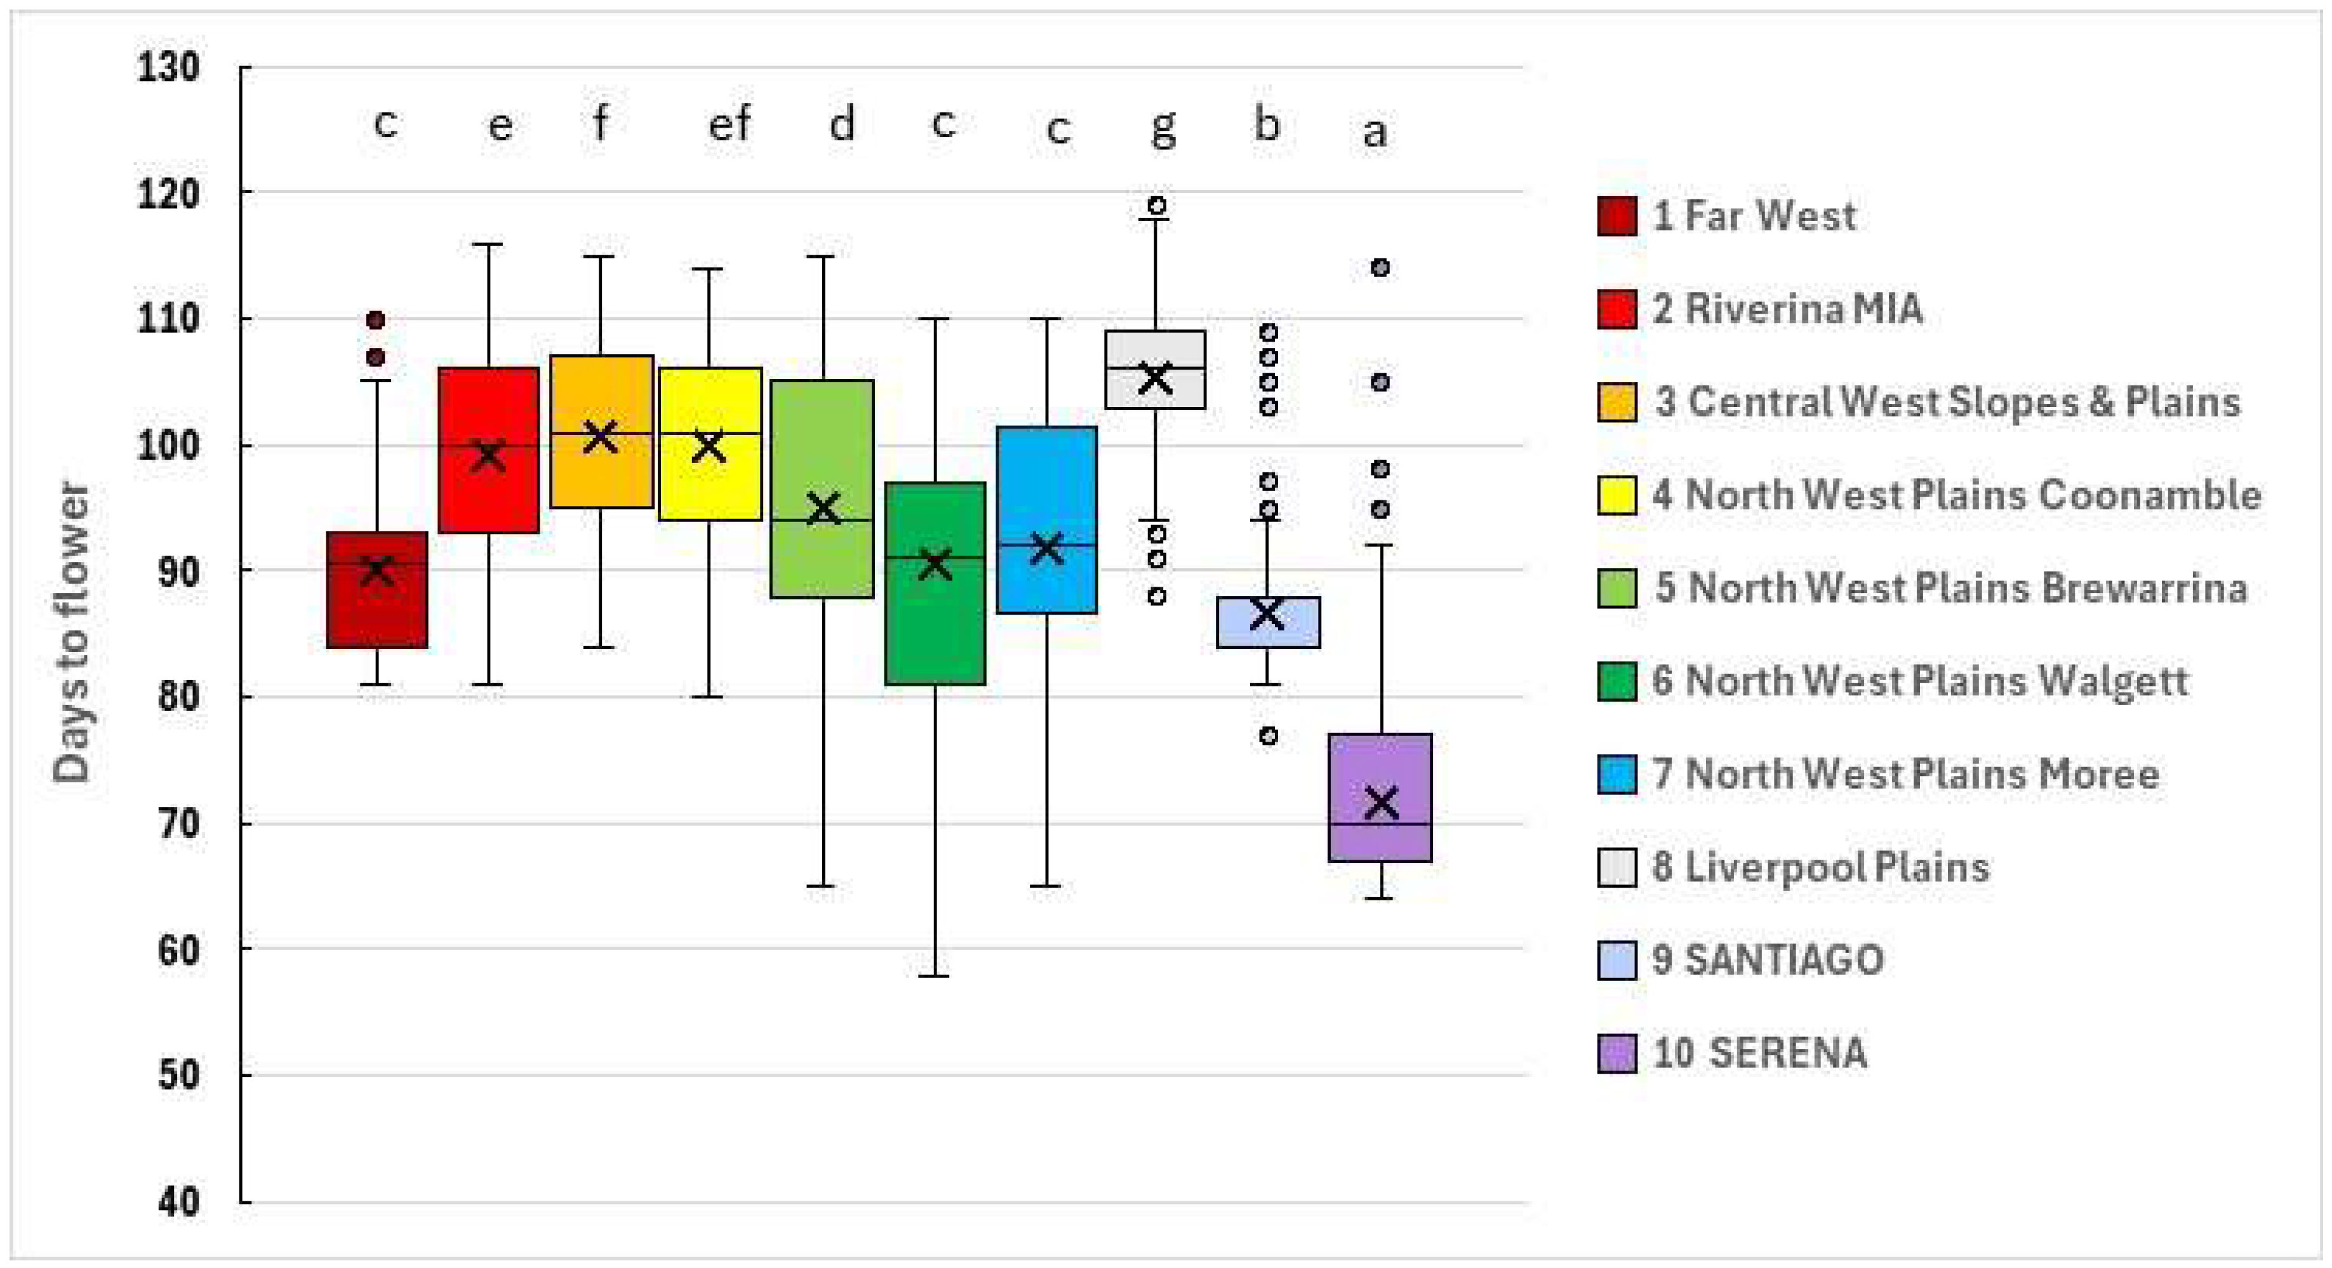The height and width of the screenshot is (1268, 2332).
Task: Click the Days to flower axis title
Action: point(72,632)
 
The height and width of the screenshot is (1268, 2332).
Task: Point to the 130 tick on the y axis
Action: point(168,67)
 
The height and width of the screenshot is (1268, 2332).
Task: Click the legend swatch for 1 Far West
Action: point(1617,215)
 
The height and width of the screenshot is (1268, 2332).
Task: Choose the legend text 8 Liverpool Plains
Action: point(1820,867)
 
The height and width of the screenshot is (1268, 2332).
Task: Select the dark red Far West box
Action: point(376,590)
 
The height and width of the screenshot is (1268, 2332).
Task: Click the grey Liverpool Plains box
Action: point(1155,370)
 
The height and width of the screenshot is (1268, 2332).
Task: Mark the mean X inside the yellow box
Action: point(708,446)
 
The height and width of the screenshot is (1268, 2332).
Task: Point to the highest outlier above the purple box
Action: point(1380,268)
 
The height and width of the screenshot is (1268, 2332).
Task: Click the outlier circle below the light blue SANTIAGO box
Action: point(1269,736)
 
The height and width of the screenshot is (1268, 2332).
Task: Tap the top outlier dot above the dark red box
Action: point(376,321)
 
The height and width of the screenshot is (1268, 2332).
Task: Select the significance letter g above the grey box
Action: point(1163,127)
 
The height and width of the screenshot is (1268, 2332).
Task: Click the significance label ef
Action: point(730,123)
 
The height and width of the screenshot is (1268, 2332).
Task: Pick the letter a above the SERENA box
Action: point(1374,132)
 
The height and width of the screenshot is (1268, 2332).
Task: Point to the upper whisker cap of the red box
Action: point(489,244)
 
